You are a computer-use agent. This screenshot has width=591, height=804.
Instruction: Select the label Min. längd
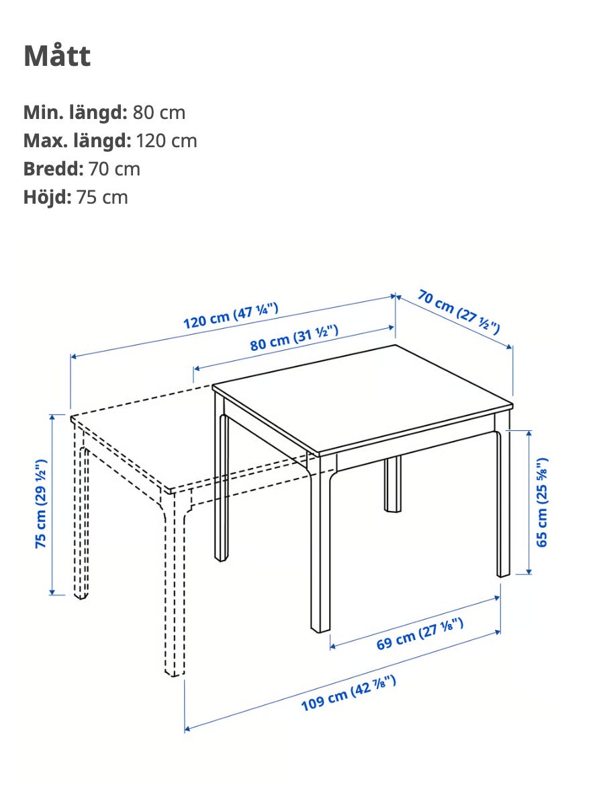coord(75,112)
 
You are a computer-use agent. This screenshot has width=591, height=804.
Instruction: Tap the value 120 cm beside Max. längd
coord(167,140)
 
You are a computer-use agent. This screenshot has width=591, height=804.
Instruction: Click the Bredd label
coord(53,169)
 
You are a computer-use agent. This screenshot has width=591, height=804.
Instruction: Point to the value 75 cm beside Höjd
coord(102,197)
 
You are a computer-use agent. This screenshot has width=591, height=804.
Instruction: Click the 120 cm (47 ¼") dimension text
coord(231,315)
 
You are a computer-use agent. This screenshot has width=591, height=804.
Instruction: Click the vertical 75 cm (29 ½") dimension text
coord(41,504)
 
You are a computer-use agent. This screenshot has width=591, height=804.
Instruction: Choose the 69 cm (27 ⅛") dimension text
coord(420,634)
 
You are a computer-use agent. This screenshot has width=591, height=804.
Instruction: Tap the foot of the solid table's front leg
coord(320,628)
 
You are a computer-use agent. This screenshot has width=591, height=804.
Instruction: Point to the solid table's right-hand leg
coord(503,503)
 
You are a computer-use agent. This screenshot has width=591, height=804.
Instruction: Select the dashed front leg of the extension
coord(175,585)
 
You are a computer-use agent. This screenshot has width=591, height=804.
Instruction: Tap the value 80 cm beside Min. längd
coord(158,112)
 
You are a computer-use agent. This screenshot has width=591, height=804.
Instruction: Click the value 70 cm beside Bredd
coord(114,169)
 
